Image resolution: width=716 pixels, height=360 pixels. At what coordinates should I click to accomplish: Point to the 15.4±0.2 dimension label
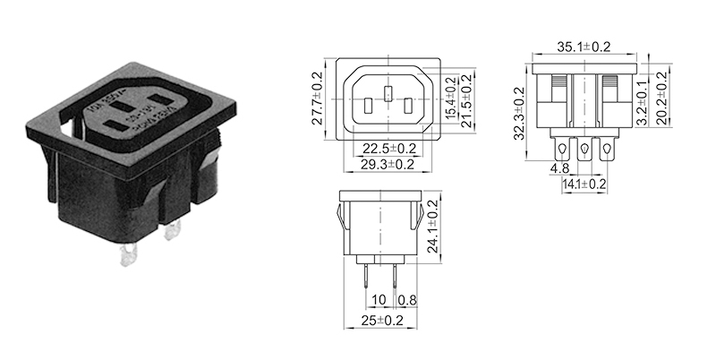[x=451, y=97]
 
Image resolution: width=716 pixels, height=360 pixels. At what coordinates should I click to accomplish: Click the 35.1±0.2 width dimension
[x=584, y=46]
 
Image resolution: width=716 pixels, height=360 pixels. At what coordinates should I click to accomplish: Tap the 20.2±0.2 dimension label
[x=663, y=97]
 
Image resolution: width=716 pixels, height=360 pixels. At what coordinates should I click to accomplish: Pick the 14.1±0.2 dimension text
[x=584, y=184]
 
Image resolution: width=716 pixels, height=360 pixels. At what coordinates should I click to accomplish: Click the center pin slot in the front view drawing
[x=388, y=93]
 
